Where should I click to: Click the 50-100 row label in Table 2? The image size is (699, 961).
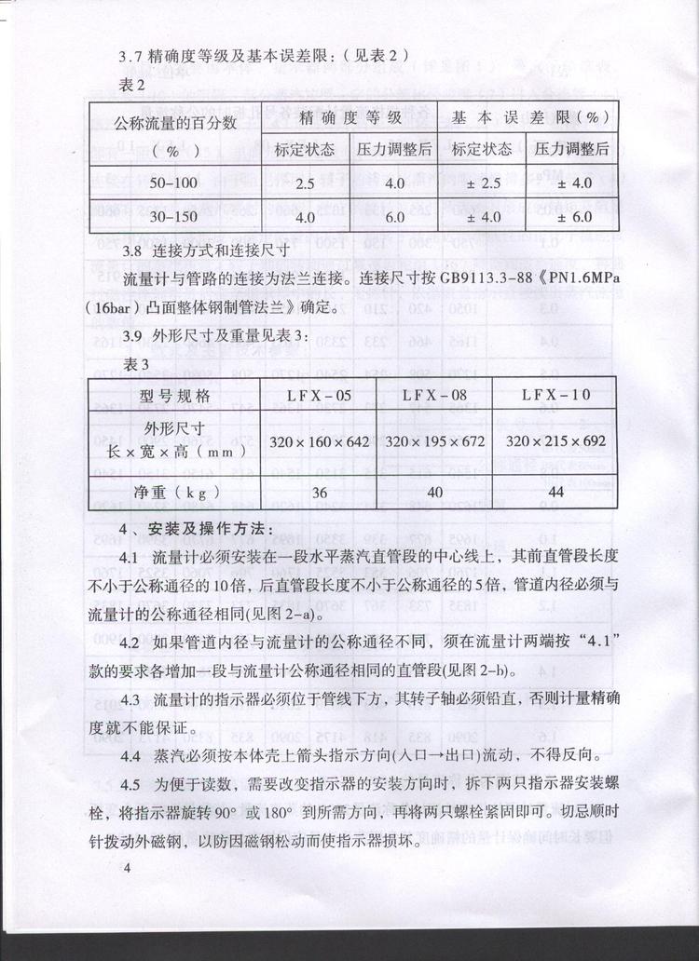pos(173,183)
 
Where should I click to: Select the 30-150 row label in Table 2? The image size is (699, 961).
pos(173,217)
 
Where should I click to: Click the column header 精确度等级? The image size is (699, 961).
pos(349,117)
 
